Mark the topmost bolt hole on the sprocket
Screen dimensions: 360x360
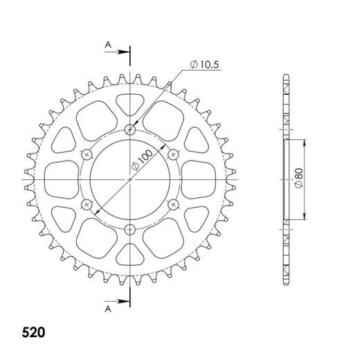click(130, 129)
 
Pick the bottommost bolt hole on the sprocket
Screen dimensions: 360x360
click(130, 230)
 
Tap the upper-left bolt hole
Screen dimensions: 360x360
click(87, 154)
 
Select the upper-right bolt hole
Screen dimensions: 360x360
click(174, 154)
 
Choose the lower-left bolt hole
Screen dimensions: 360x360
click(87, 204)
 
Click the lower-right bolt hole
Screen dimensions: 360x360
click(174, 204)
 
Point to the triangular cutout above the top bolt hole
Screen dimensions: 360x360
click(130, 105)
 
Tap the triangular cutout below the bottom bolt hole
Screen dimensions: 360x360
click(130, 254)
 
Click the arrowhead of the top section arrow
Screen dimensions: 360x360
click(126, 52)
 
